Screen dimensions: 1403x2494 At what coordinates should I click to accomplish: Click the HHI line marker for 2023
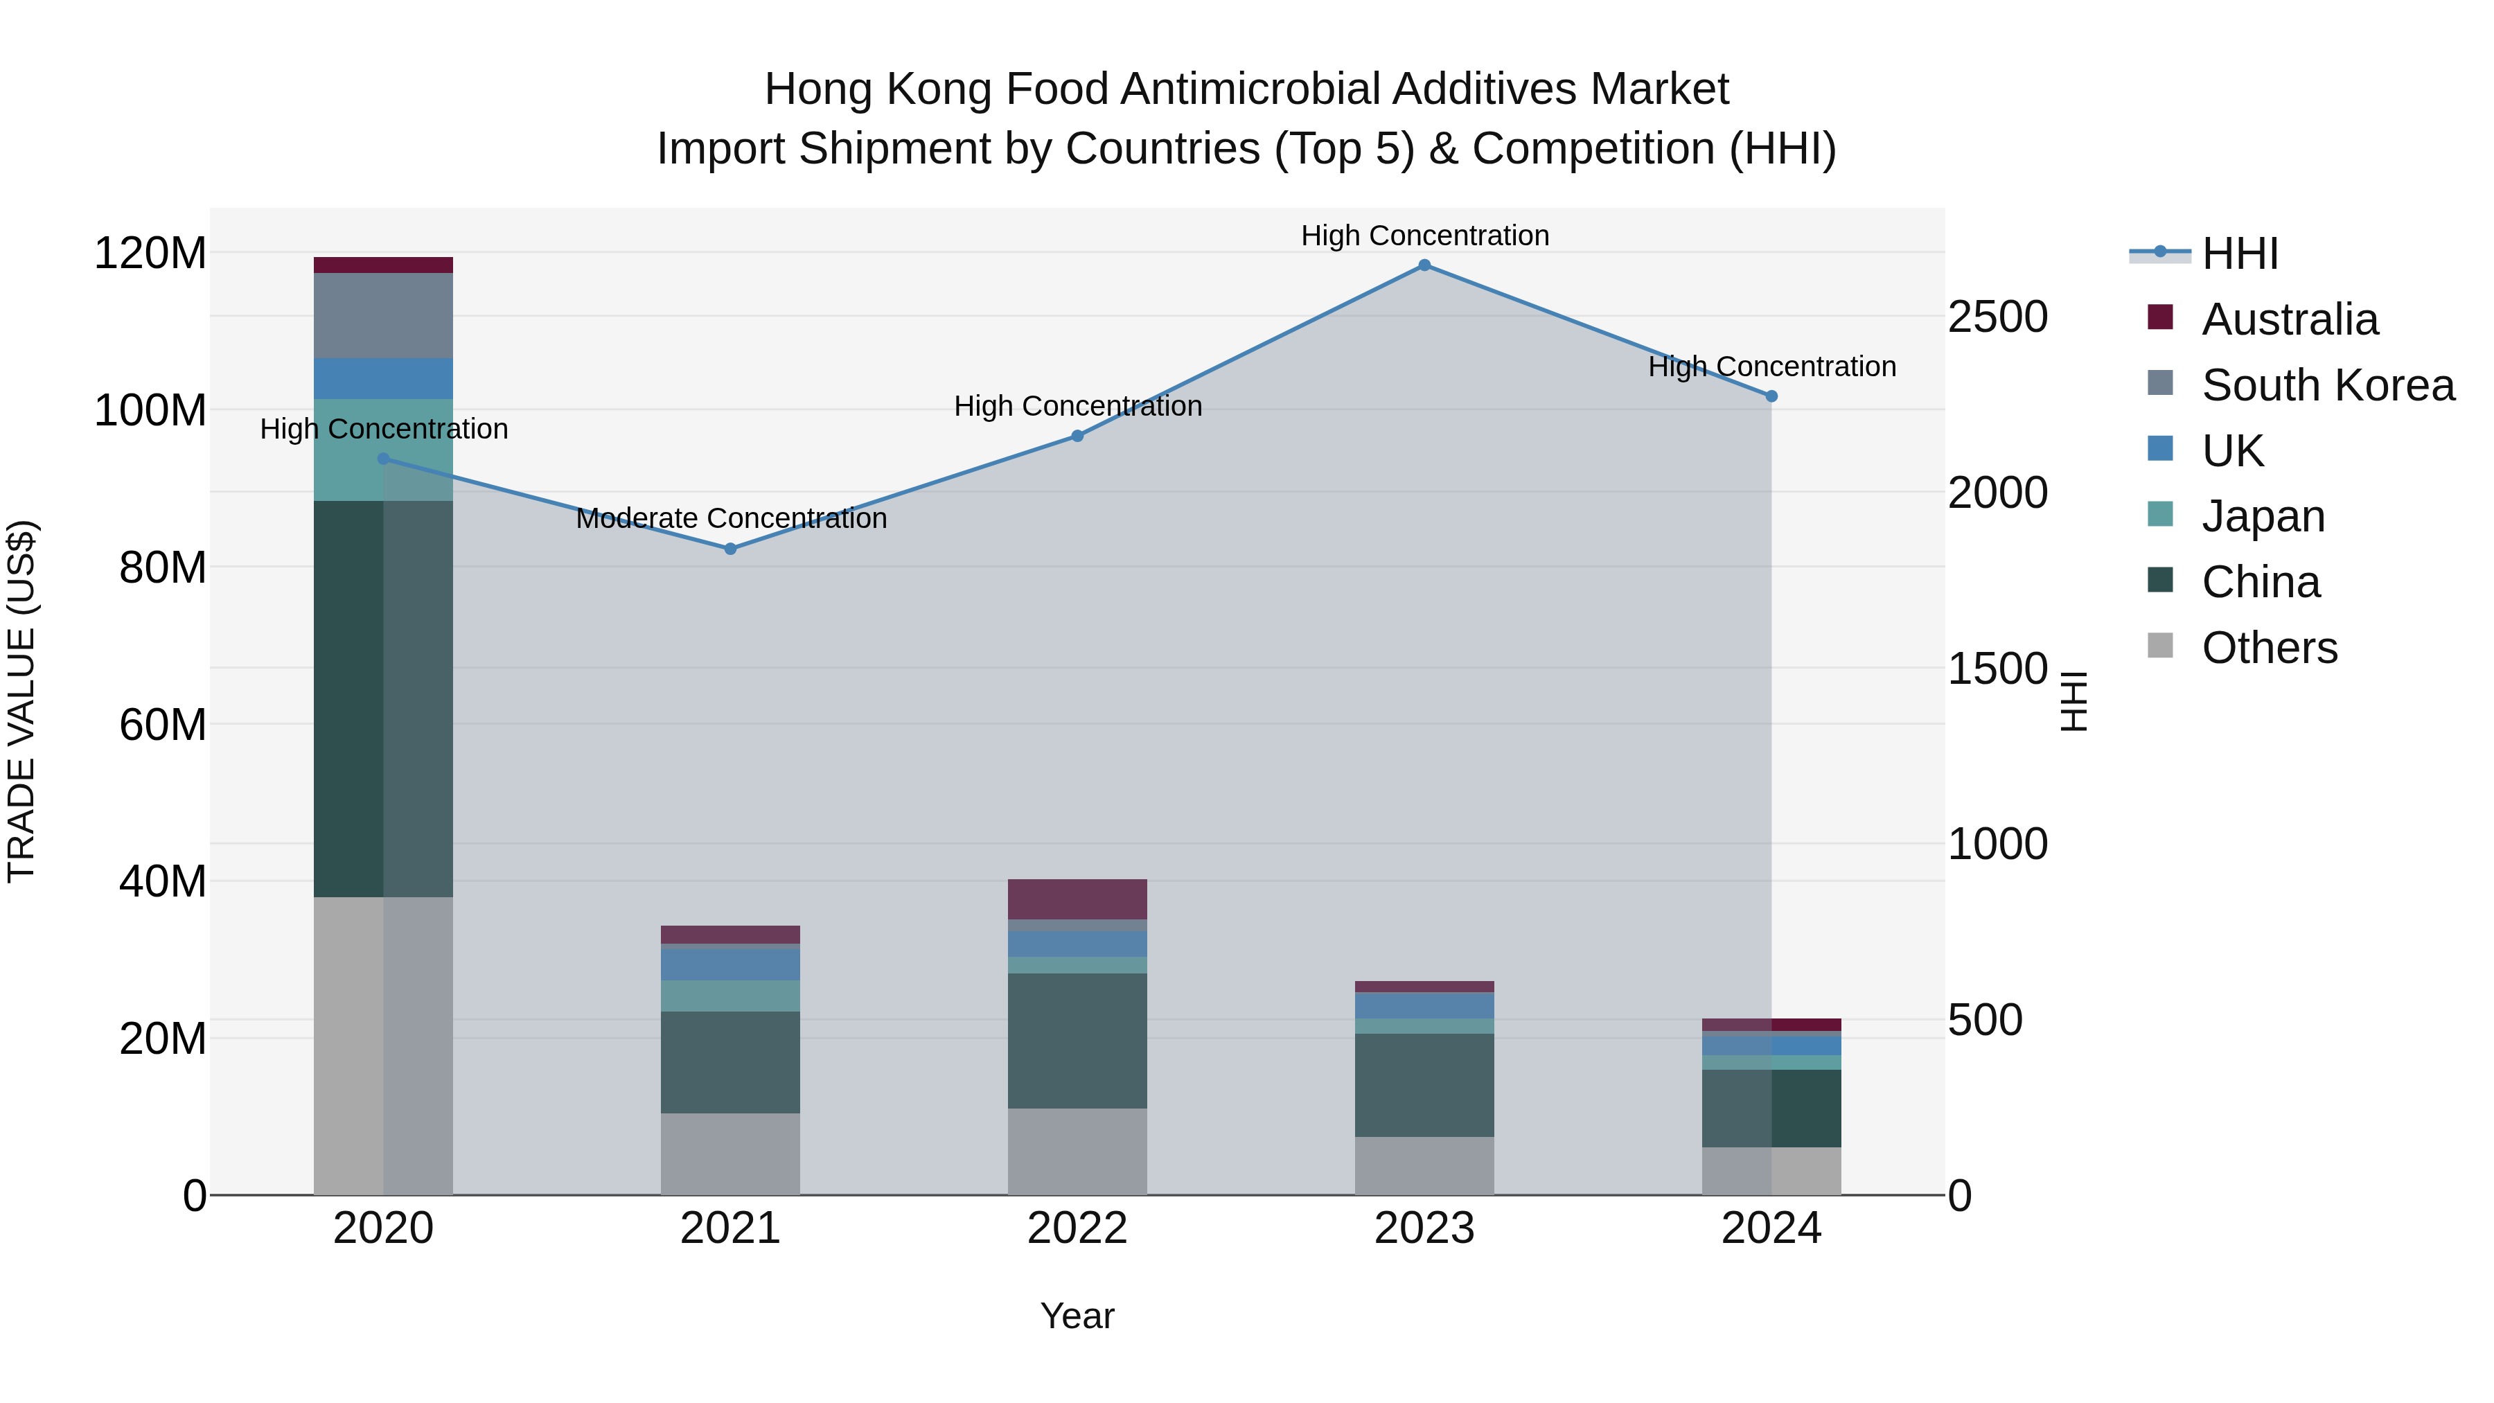[1424, 265]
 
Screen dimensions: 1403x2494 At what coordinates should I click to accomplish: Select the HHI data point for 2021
[731, 549]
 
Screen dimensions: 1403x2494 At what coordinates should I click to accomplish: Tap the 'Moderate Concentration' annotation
[731, 518]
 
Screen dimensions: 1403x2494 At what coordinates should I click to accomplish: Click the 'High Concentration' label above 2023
[1424, 236]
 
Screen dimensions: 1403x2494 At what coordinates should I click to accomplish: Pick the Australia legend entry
[2289, 319]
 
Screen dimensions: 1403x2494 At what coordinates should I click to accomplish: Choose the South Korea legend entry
[2328, 385]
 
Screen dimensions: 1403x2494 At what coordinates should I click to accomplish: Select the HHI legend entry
[2239, 254]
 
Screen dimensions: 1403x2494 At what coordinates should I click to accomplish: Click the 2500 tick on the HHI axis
[1997, 317]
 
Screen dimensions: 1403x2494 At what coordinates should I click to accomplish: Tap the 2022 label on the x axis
[1077, 1228]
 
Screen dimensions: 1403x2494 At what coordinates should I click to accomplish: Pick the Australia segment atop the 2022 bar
[1077, 899]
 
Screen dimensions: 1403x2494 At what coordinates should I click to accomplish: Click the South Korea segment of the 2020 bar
[383, 316]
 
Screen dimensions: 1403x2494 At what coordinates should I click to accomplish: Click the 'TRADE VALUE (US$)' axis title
[21, 701]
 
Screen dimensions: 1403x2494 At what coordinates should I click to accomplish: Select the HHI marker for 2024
[1771, 396]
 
